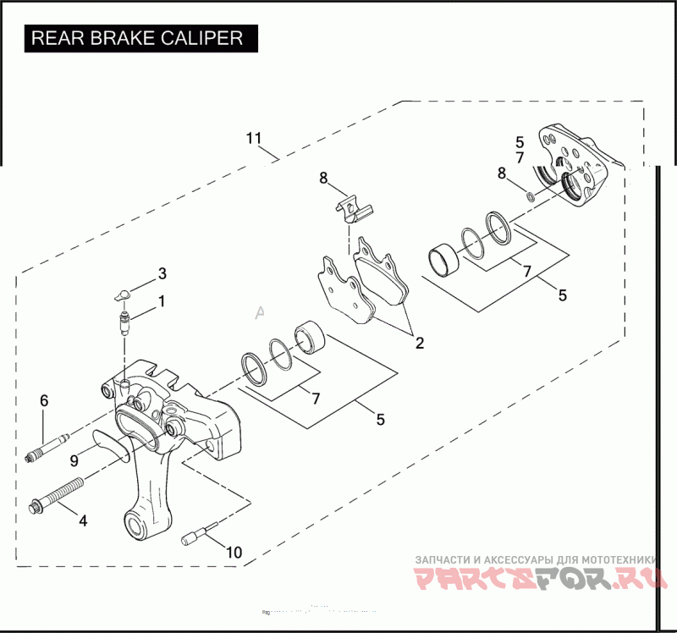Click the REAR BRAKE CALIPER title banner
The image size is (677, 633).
(x=138, y=38)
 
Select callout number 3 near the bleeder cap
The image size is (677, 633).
(x=162, y=273)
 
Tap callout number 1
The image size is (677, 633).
(x=161, y=300)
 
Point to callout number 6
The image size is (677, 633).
(x=45, y=399)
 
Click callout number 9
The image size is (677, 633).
(x=74, y=460)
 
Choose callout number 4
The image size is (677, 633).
(x=82, y=520)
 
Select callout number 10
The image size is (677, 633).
(x=234, y=553)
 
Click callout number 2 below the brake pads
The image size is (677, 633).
(x=417, y=344)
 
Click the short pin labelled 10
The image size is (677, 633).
(x=195, y=536)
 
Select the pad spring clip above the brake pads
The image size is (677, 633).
(x=350, y=206)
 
